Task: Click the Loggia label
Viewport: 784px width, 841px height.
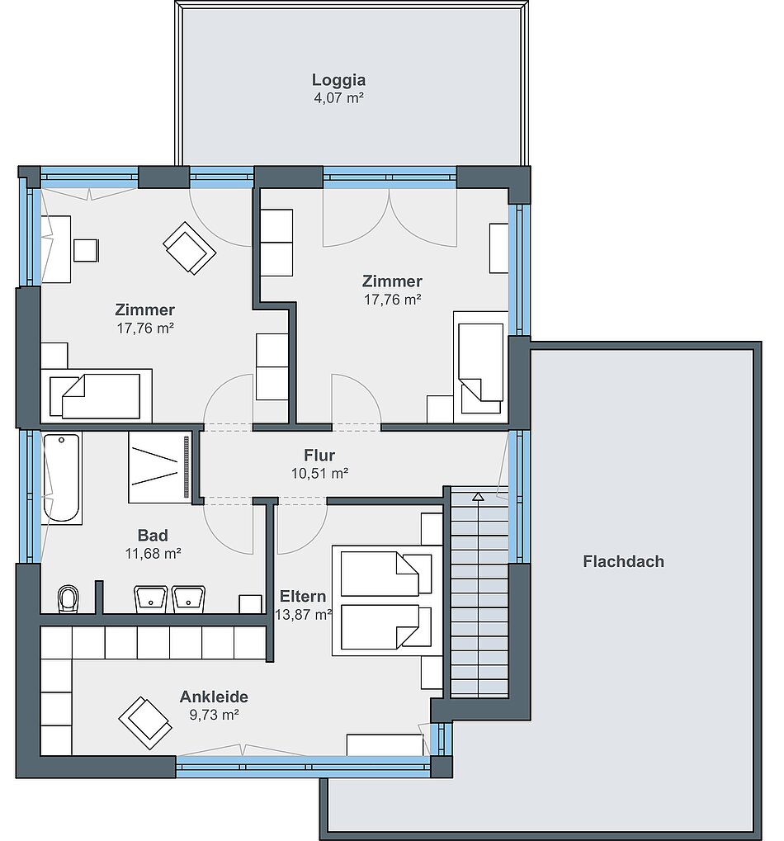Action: click(339, 80)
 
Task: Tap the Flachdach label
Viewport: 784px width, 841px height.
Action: click(623, 561)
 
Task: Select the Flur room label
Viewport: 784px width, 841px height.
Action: click(319, 456)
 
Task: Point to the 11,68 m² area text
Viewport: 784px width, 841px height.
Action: click(153, 554)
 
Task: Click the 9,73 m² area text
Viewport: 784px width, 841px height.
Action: click(214, 715)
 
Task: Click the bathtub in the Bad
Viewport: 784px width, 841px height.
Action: click(62, 478)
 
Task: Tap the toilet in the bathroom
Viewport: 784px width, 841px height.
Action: click(68, 599)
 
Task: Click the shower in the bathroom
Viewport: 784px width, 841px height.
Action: click(160, 466)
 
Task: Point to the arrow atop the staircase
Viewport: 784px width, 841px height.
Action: click(479, 497)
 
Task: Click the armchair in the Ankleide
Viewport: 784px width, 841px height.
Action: click(145, 722)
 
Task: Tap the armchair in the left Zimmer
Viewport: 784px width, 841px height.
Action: click(189, 248)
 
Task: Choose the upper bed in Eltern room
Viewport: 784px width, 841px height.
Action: click(386, 574)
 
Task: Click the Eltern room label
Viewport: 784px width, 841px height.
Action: click(303, 597)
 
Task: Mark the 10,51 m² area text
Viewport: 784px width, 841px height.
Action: click(319, 474)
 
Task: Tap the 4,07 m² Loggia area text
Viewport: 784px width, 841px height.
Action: click(339, 98)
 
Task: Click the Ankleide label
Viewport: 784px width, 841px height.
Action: click(214, 697)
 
